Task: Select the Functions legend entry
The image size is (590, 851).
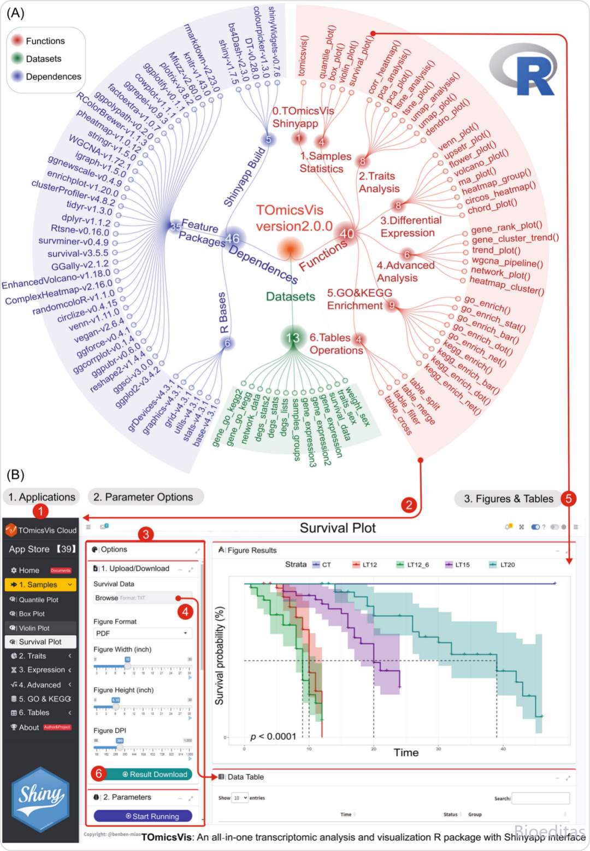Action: click(45, 41)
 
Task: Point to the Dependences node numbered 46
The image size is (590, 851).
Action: click(233, 238)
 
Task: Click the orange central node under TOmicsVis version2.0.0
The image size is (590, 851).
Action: click(290, 248)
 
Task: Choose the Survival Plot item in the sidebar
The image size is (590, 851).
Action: click(40, 642)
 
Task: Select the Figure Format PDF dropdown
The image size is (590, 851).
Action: click(141, 633)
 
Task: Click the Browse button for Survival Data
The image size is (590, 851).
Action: click(107, 598)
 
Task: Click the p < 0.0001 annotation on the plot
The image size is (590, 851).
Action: click(273, 736)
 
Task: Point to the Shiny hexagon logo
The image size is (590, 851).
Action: click(40, 799)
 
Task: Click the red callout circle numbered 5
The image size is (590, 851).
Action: click(569, 498)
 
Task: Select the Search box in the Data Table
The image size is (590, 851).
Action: click(540, 799)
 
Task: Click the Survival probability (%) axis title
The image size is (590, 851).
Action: click(220, 655)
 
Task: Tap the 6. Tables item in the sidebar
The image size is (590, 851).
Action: click(34, 713)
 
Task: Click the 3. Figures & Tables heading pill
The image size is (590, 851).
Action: click(508, 498)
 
